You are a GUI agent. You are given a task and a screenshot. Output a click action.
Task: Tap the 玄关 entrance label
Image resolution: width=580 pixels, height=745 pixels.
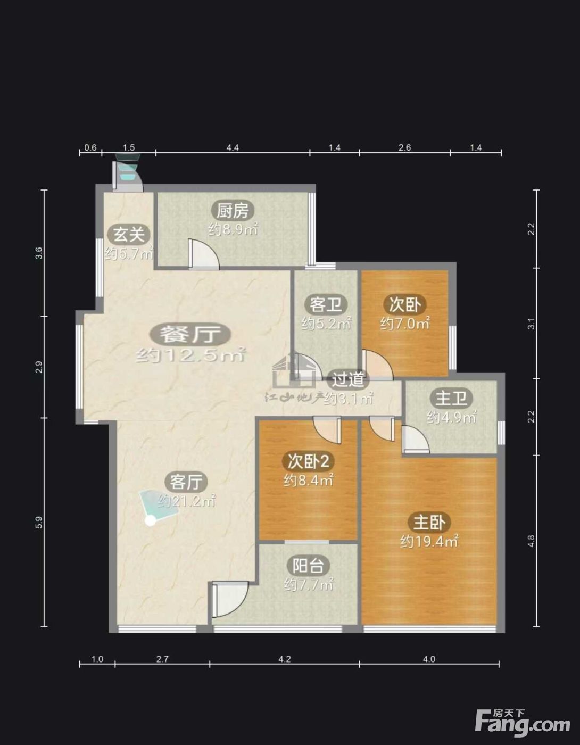pyautogui.click(x=129, y=235)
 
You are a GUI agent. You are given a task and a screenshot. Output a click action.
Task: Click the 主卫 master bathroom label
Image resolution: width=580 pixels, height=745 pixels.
pyautogui.click(x=451, y=399)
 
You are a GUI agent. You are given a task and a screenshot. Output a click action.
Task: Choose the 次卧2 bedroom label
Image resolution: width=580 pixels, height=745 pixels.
pyautogui.click(x=308, y=461)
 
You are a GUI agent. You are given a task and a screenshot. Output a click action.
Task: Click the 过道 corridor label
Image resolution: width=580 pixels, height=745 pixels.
pyautogui.click(x=347, y=379)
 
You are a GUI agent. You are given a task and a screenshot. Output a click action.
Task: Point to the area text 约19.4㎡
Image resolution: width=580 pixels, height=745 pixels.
pyautogui.click(x=429, y=542)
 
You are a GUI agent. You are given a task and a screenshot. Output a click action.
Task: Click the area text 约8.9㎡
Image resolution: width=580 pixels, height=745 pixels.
pyautogui.click(x=233, y=229)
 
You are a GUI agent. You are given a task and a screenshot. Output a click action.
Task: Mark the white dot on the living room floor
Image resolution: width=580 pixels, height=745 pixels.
pyautogui.click(x=150, y=521)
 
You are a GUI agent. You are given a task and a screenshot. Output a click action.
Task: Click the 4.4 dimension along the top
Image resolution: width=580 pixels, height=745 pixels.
pyautogui.click(x=233, y=148)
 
